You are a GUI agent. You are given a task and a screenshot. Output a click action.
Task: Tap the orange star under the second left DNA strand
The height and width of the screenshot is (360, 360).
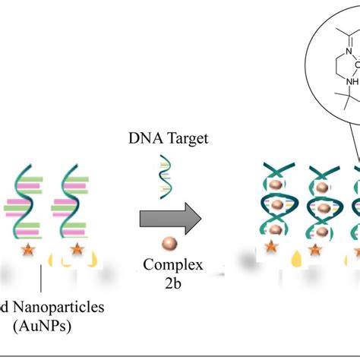(76, 248)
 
